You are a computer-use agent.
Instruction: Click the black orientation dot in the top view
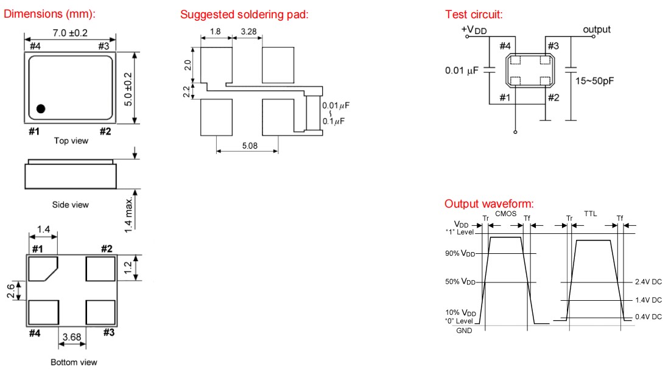pyautogui.click(x=41, y=109)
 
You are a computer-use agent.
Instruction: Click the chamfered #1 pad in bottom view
pyautogui.click(x=43, y=268)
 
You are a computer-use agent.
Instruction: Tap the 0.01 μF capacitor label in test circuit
pyautogui.click(x=462, y=70)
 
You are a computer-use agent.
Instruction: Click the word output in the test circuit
pyautogui.click(x=596, y=30)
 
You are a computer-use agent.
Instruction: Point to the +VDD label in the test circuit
pyautogui.click(x=474, y=30)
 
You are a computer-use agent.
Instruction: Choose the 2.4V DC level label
pyautogui.click(x=647, y=282)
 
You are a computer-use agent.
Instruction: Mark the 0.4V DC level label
pyautogui.click(x=647, y=317)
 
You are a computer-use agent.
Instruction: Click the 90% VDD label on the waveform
pyautogui.click(x=460, y=253)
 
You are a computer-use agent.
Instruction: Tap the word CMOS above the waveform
pyautogui.click(x=505, y=214)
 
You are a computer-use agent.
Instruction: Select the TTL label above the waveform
pyautogui.click(x=591, y=214)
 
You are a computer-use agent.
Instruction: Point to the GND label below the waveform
pyautogui.click(x=464, y=331)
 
